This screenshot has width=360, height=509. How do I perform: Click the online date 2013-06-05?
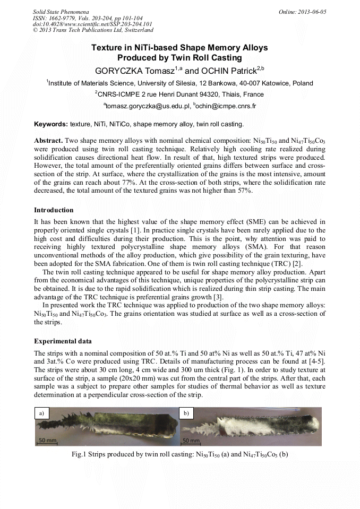[x=305, y=11]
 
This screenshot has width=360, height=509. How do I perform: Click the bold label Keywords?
[x=51, y=124]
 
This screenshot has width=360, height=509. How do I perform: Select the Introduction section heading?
[x=54, y=210]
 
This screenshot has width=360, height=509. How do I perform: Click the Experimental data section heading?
[x=62, y=341]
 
